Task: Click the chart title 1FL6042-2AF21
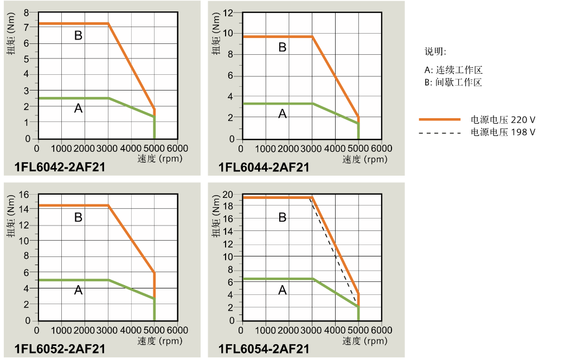pos(60,168)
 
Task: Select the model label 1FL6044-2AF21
pos(264,168)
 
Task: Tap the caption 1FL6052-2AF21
pos(60,349)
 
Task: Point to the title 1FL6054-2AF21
pos(264,349)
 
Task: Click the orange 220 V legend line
pos(440,119)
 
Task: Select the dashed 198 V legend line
pos(440,132)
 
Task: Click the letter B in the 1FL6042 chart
pos(78,36)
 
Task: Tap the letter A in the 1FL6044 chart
pos(282,113)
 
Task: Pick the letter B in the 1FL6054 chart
pos(282,217)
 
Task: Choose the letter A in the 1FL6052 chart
pos(78,291)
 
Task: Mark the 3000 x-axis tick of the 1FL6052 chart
pos(107,330)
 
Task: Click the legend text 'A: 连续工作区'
pos(453,70)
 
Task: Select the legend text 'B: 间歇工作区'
pos(453,82)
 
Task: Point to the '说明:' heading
pos(435,52)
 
